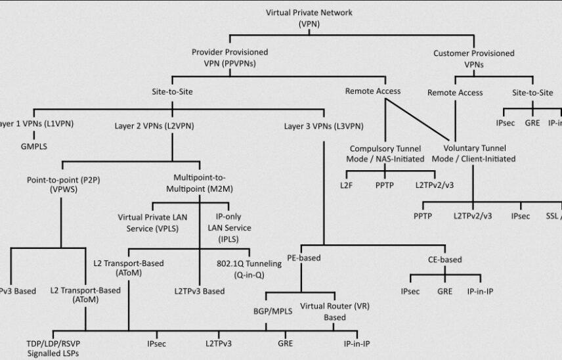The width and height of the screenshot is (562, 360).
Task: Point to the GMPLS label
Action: pos(33,146)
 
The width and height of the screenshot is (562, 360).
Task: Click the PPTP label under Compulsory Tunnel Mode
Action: pos(384,185)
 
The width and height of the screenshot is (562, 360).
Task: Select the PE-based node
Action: pos(303,258)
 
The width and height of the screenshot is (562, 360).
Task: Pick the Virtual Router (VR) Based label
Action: pos(326,311)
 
